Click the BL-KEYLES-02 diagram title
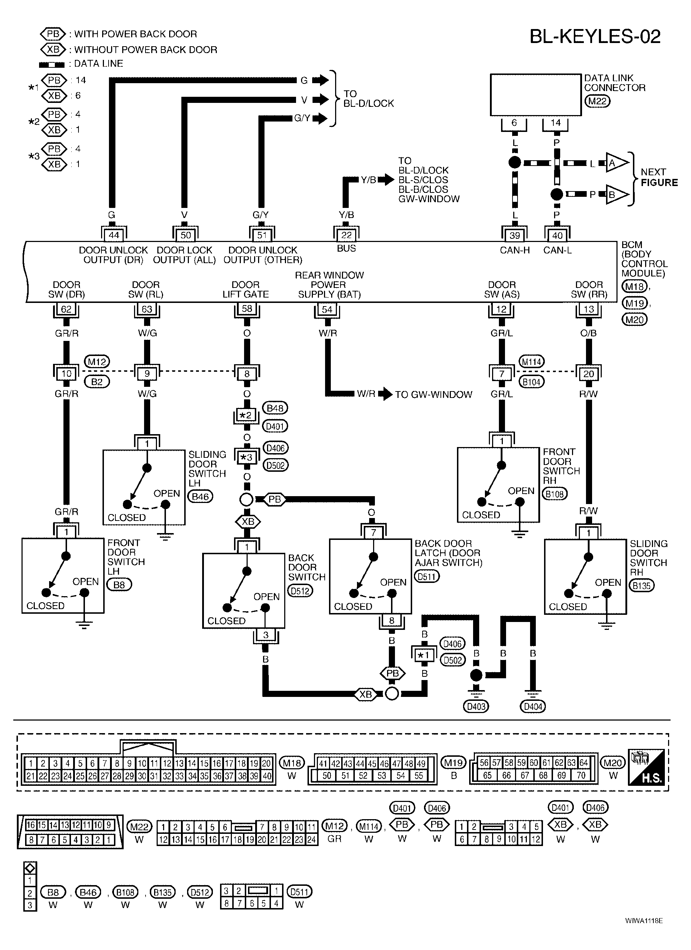coord(595,37)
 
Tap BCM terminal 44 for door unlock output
coord(114,235)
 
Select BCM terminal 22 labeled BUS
coord(346,235)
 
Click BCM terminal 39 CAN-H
coord(515,235)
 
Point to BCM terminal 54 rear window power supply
coord(327,309)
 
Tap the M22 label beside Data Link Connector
coord(597,101)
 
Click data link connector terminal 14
coord(555,123)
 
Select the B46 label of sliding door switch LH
coord(200,497)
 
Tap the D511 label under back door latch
coord(427,577)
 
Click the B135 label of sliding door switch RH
coord(642,585)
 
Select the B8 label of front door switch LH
coord(119,585)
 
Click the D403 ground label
coord(476,707)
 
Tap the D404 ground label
coord(533,707)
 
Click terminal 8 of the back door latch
coord(392,620)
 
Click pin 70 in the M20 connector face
coord(581,775)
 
